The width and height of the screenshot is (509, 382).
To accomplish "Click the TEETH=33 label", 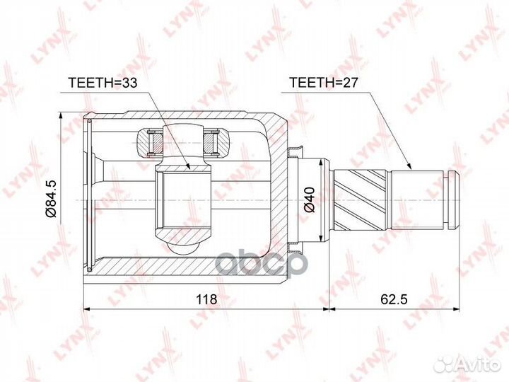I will [102, 82].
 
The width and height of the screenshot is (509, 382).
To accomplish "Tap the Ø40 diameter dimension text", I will [309, 200].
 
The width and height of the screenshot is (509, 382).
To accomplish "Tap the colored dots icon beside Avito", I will [445, 363].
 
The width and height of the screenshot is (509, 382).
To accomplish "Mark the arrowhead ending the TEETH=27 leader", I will [411, 169].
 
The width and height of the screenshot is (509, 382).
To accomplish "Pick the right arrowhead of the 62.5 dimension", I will [455, 308].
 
